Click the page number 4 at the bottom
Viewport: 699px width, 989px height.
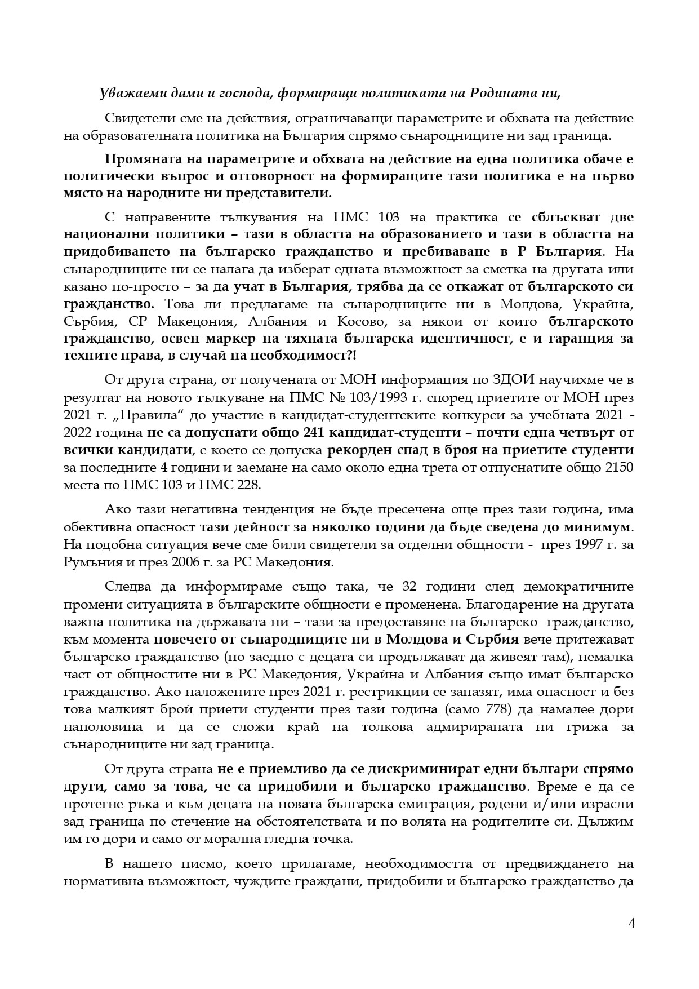(631, 923)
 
